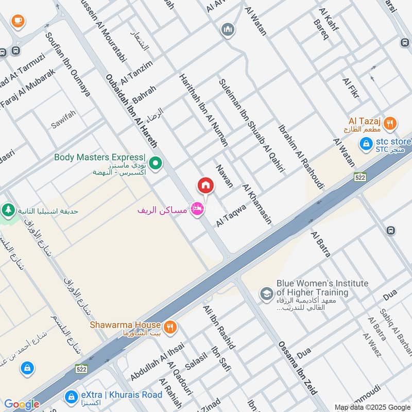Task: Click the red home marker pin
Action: click(x=205, y=185)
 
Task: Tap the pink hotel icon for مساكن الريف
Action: click(x=196, y=209)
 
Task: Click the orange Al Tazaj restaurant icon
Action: click(x=391, y=123)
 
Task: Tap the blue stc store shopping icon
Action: click(x=366, y=144)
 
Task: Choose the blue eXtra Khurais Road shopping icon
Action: click(x=71, y=397)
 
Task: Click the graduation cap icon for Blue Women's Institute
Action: click(x=266, y=294)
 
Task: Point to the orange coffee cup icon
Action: click(x=18, y=21)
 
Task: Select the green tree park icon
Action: click(x=7, y=210)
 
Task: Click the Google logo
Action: click(x=22, y=404)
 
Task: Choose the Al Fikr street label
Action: click(x=351, y=88)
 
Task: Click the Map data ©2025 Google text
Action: click(x=371, y=406)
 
